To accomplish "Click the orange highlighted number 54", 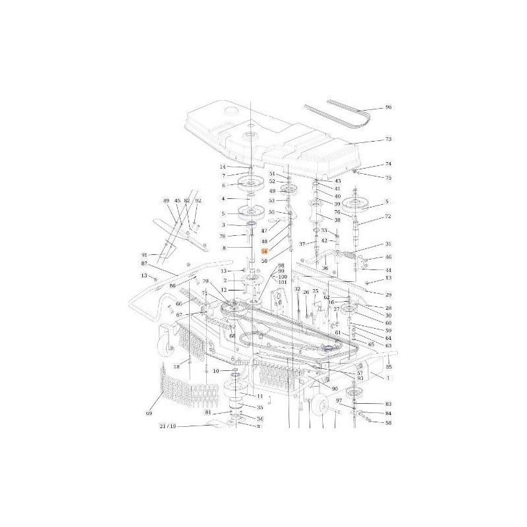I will coord(265,252).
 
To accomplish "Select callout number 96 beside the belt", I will coord(388,107).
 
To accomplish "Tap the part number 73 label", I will coord(388,140).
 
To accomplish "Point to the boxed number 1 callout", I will coord(389,379).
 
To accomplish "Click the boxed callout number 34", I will coord(260,418).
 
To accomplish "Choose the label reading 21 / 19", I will coord(167,426).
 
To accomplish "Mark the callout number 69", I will coord(149,413).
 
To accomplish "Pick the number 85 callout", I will coord(389,366).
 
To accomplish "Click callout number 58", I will coord(388,423).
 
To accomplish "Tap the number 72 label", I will coord(388,216).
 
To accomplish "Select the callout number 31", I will coord(388,244).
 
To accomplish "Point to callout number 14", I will coord(223,167).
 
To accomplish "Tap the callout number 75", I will coord(388,178).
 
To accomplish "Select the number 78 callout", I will coord(223,236).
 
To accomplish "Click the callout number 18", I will coord(177,366).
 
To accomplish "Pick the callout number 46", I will coord(388,257).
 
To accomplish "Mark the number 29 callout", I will coord(388,294).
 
